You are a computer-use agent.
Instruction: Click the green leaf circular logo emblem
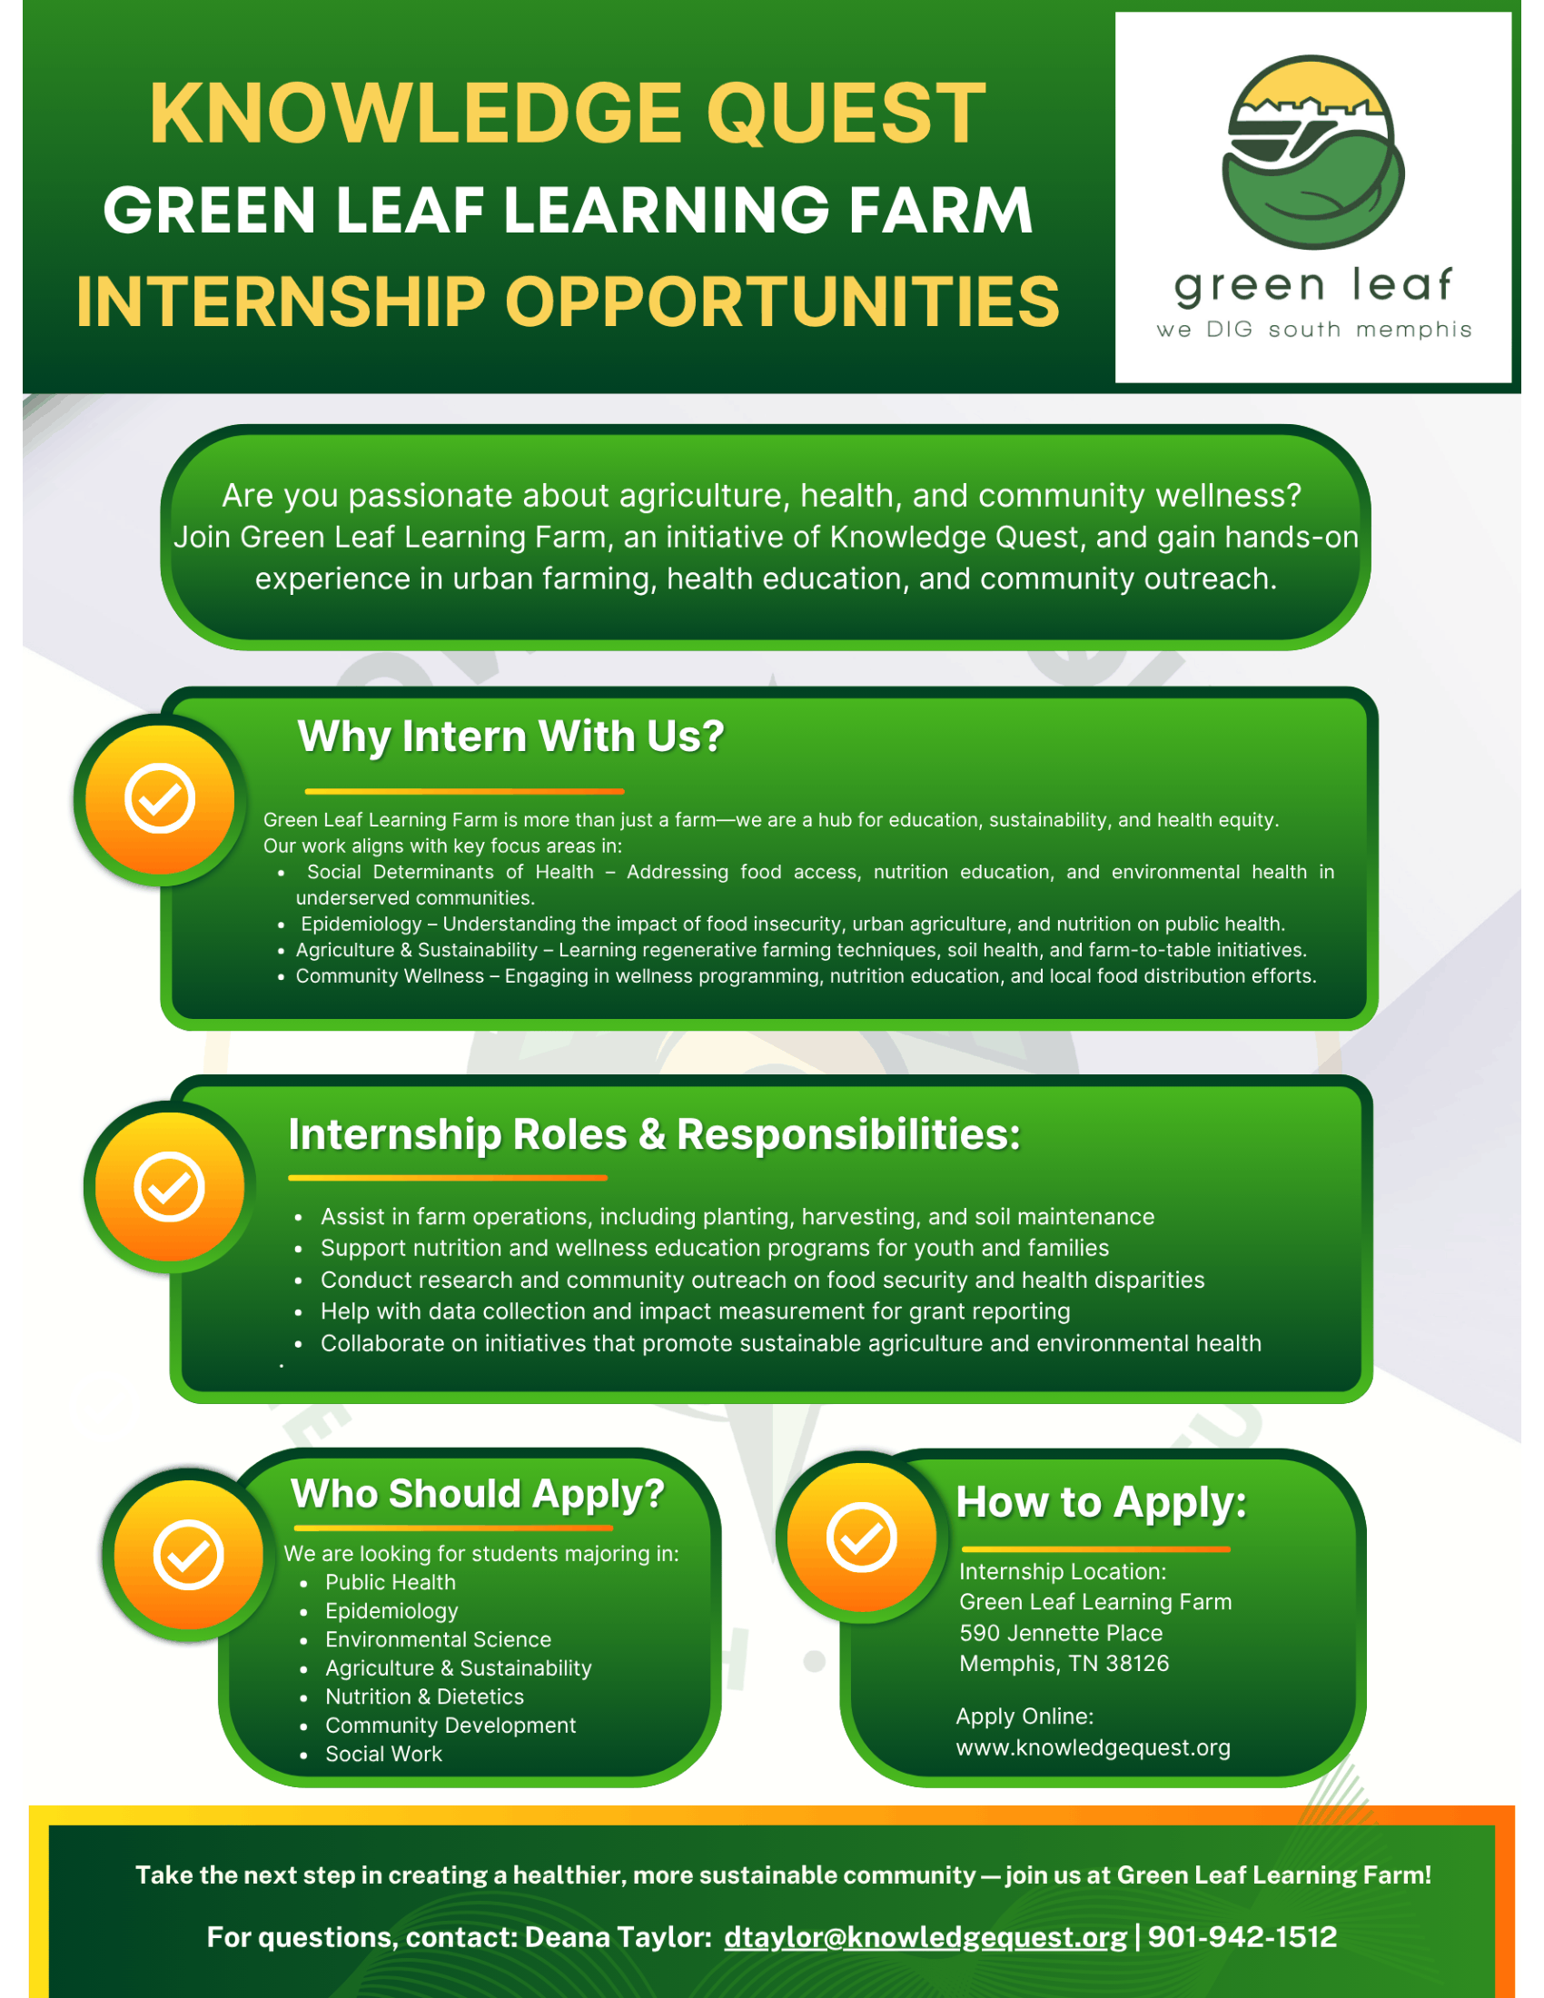[x=1312, y=152]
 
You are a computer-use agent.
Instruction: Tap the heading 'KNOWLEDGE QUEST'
[x=567, y=114]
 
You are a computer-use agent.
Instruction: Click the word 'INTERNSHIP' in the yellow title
[x=280, y=302]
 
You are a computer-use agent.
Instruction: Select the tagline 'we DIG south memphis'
[x=1313, y=330]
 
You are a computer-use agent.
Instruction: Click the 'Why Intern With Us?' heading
[x=510, y=737]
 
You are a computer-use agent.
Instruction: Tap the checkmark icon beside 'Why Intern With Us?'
[x=160, y=798]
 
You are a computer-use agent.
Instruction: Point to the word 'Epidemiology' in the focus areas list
[x=361, y=924]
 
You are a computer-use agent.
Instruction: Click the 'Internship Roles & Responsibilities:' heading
[x=654, y=1135]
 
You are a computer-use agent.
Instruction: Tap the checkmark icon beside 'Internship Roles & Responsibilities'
[x=169, y=1188]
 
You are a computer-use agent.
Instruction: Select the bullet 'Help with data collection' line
[x=695, y=1312]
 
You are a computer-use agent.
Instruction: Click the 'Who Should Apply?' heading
[x=478, y=1495]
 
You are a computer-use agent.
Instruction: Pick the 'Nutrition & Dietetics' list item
[x=424, y=1697]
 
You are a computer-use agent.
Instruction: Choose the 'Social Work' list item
[x=383, y=1754]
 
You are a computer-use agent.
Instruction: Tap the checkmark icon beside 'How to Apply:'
[x=862, y=1537]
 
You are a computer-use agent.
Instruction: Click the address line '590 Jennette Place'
[x=1061, y=1633]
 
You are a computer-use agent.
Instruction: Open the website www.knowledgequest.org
[x=1093, y=1748]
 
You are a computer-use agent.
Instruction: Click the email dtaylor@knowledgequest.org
[x=925, y=1938]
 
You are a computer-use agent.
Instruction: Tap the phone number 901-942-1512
[x=1242, y=1937]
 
